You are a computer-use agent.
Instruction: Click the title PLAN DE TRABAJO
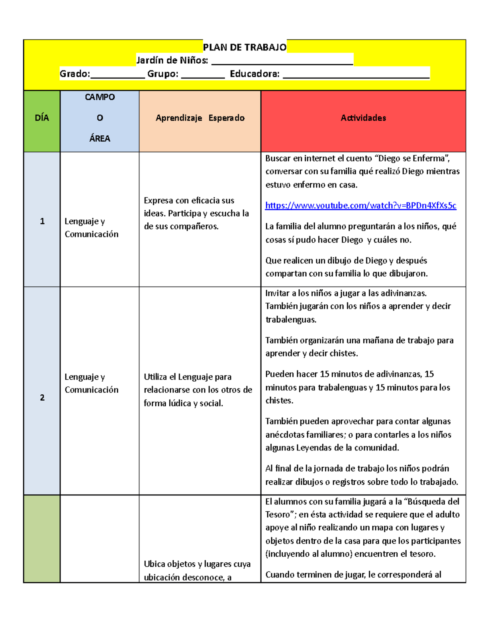tap(245, 47)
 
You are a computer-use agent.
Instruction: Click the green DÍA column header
tap(42, 118)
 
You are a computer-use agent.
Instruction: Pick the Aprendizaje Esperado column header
tap(200, 118)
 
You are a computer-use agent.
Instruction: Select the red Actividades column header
tap(363, 118)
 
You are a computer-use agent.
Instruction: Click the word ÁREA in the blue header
tap(100, 138)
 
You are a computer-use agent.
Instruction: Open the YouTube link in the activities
tap(360, 205)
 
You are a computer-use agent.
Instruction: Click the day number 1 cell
tap(42, 221)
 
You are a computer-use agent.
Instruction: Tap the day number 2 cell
tap(42, 398)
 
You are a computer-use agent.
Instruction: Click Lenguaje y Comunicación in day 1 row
tap(91, 228)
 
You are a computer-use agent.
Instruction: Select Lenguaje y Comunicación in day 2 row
tap(91, 383)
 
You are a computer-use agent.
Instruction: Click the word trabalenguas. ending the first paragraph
tap(291, 320)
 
